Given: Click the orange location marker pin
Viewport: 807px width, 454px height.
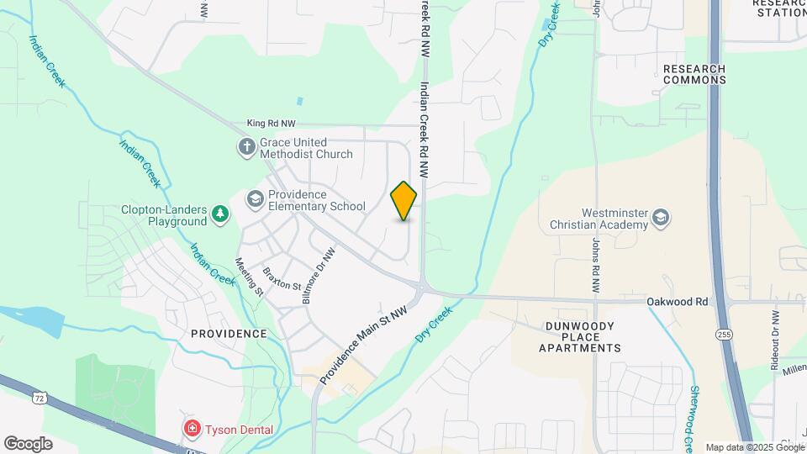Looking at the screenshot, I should (403, 201).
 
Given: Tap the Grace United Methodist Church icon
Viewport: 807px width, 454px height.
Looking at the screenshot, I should (247, 148).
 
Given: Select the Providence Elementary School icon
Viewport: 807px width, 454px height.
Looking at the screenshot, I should (255, 200).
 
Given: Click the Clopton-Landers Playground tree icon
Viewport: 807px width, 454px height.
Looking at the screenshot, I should (220, 215).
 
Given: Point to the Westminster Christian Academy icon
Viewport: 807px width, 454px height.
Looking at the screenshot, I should (661, 219).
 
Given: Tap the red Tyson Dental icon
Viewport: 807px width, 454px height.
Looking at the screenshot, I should (193, 430).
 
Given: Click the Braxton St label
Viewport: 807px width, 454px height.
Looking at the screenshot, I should (282, 279).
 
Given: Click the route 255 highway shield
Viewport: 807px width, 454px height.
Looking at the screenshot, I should (723, 335).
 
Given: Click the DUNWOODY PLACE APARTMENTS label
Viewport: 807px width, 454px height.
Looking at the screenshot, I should (580, 336).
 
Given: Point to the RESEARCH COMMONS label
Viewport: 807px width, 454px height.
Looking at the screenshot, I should (694, 74).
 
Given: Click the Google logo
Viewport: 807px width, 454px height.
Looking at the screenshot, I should (28, 443).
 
